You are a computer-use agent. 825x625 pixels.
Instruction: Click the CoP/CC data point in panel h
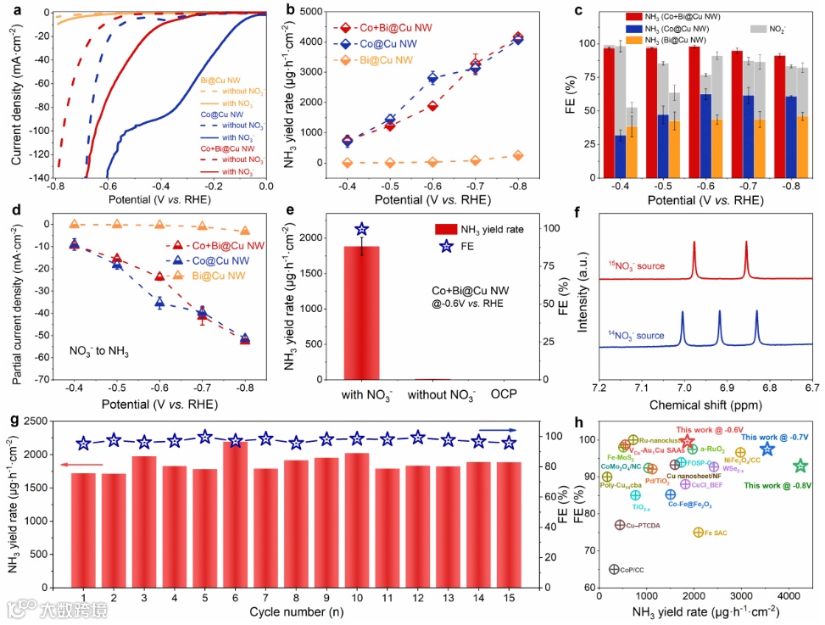click(x=614, y=569)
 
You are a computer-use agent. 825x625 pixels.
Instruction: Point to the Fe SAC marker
click(x=698, y=533)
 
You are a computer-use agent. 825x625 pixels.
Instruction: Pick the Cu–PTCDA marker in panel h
click(x=620, y=525)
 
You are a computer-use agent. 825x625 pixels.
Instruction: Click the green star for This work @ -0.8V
click(x=800, y=466)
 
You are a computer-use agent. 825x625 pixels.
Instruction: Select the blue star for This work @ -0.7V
click(x=767, y=449)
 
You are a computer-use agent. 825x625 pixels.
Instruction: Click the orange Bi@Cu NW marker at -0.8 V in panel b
click(x=518, y=155)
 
